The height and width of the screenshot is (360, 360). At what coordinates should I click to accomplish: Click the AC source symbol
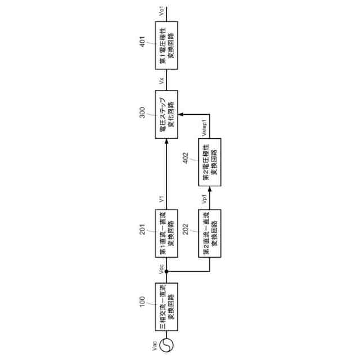[x=166, y=344]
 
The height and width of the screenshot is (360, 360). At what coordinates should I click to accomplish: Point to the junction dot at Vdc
[x=166, y=272]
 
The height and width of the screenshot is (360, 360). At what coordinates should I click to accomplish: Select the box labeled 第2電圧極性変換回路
[x=210, y=163]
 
